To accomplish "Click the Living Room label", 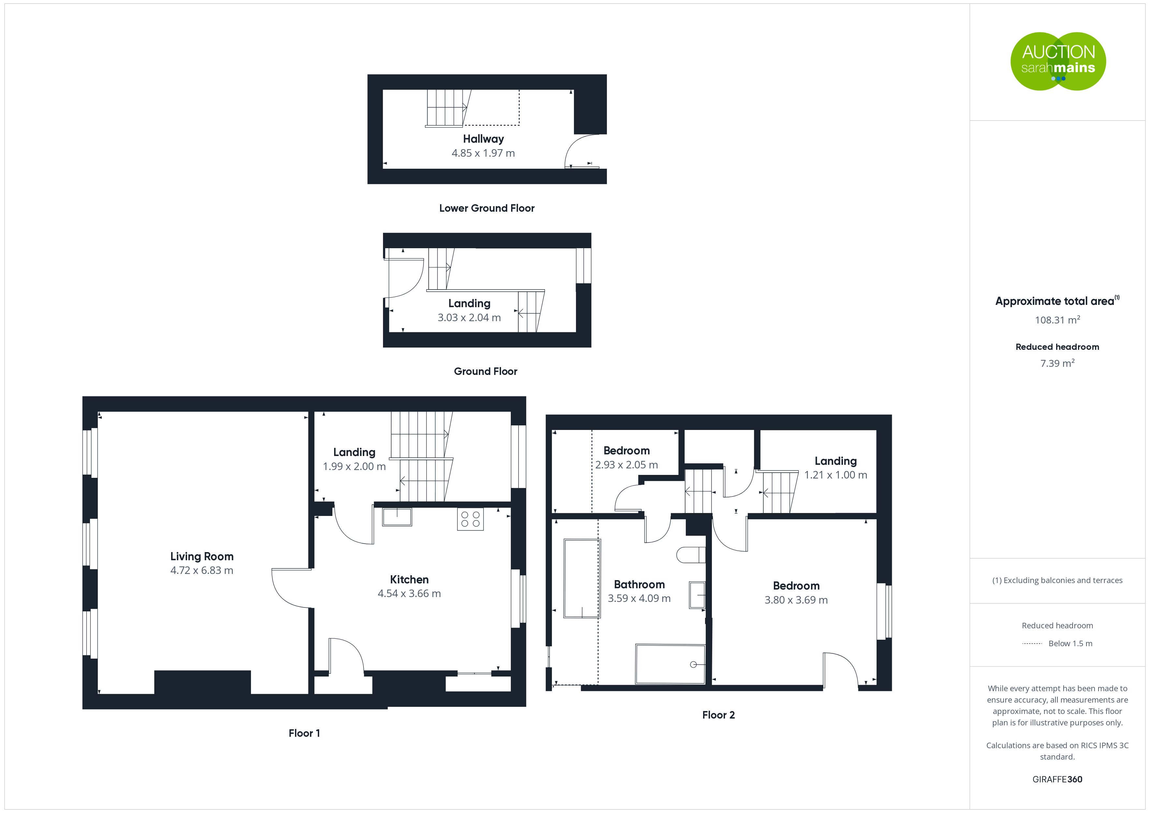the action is click(x=202, y=556).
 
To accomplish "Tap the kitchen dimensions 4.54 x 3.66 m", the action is click(x=409, y=593).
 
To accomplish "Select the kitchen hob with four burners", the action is click(x=470, y=519).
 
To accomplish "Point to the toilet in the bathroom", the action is click(x=691, y=555).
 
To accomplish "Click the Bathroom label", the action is click(x=639, y=584).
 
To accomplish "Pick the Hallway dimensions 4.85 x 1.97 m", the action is click(x=483, y=153).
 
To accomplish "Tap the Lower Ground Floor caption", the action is click(x=487, y=208).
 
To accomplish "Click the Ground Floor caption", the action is click(x=485, y=371).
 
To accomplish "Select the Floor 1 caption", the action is click(x=304, y=734).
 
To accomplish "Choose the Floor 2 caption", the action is click(x=718, y=715).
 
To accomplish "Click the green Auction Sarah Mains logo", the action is click(x=1058, y=62).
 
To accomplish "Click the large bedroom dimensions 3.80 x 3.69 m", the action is click(x=796, y=600).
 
